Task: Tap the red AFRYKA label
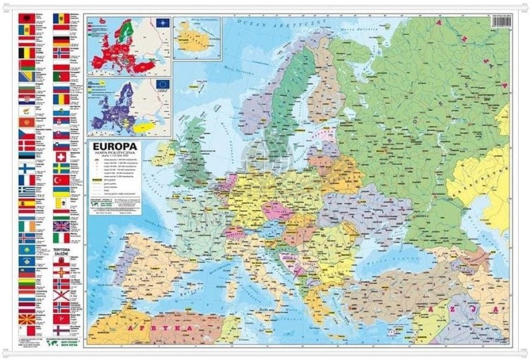(159, 330)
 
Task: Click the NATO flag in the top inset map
(162, 23)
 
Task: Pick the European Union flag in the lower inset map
(163, 85)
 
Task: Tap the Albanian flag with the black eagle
(26, 17)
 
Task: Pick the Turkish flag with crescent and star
(61, 180)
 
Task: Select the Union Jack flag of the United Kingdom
(61, 226)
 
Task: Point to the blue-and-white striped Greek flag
(26, 191)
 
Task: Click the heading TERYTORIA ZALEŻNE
(61, 252)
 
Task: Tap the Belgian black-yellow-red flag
(26, 52)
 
